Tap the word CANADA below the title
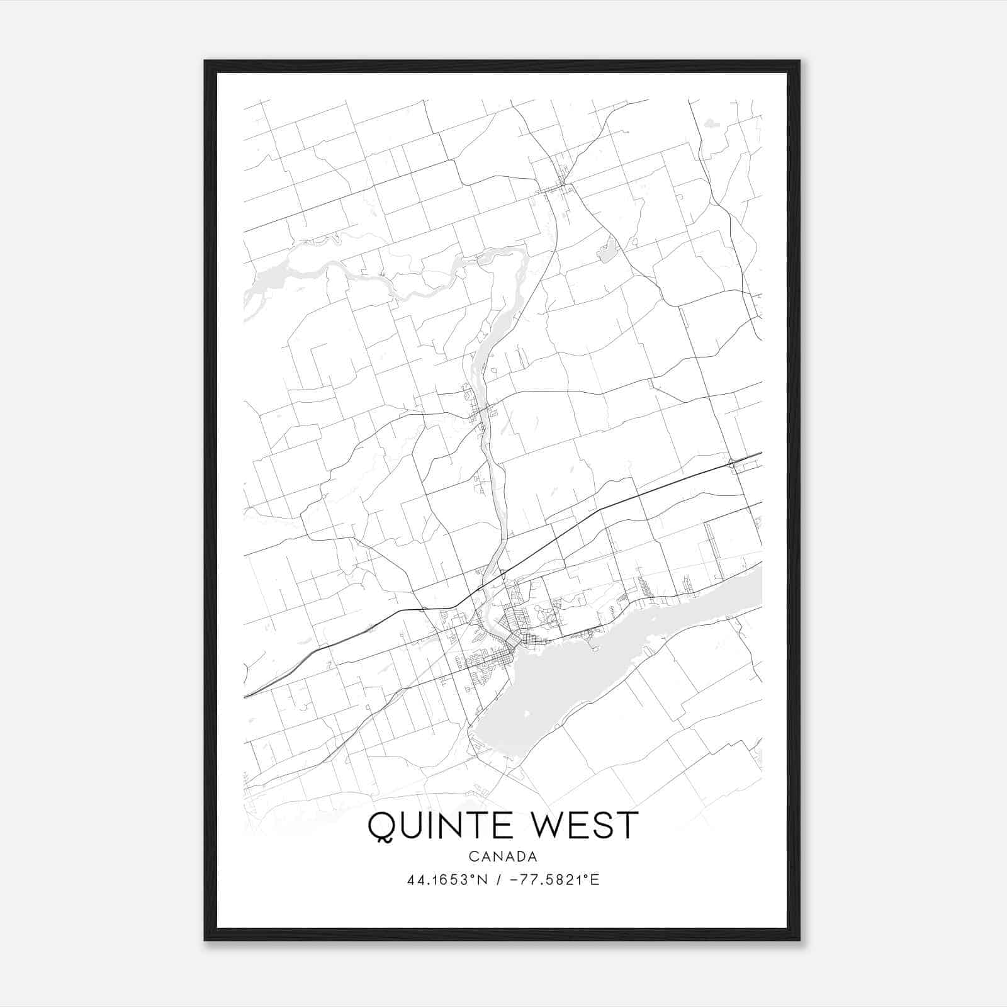tap(503, 857)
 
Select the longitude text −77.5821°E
tap(556, 880)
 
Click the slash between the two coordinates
tap(498, 880)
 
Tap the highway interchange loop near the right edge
tap(732, 464)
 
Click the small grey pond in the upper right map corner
tap(712, 123)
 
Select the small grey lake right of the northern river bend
tap(608, 252)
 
